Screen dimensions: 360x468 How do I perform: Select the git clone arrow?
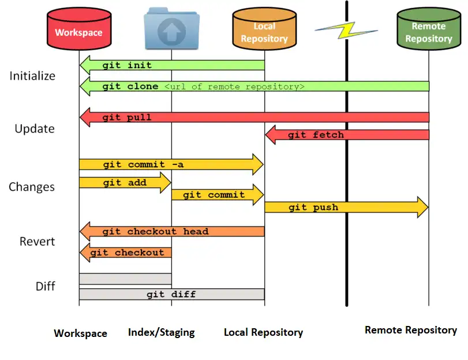click(254, 86)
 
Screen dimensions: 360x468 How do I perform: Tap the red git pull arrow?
click(254, 117)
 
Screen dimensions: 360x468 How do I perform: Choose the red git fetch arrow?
click(346, 134)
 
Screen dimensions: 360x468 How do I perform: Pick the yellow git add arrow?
click(125, 182)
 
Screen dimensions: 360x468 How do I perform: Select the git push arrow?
click(346, 207)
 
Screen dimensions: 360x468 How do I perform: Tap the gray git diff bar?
click(171, 294)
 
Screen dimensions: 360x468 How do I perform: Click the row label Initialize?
click(32, 76)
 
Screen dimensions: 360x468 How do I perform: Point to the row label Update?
click(35, 129)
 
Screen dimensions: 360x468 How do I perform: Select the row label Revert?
click(37, 241)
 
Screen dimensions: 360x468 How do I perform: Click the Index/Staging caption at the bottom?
click(161, 332)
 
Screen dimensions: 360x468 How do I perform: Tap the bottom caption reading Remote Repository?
click(410, 330)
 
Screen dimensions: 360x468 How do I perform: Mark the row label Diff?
click(45, 286)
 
